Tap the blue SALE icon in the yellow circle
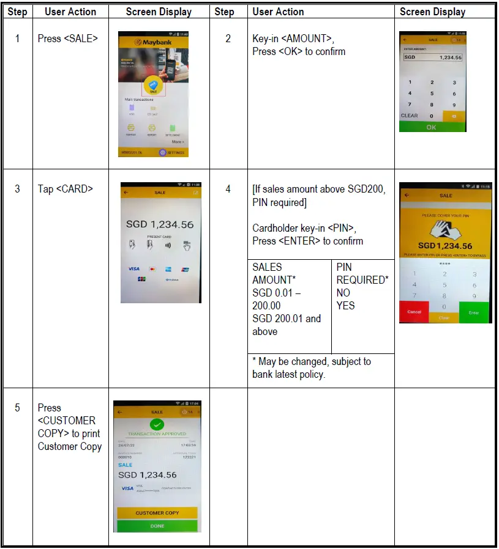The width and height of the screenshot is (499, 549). pyautogui.click(x=153, y=86)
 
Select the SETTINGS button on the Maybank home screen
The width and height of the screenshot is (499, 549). pyautogui.click(x=171, y=152)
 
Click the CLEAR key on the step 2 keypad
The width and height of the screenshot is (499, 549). pyautogui.click(x=409, y=116)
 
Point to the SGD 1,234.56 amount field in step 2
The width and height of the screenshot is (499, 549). pyautogui.click(x=432, y=57)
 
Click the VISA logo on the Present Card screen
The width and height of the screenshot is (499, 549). pyautogui.click(x=133, y=269)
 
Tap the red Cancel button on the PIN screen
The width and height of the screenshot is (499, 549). pyautogui.click(x=415, y=312)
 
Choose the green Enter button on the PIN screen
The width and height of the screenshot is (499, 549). pyautogui.click(x=474, y=312)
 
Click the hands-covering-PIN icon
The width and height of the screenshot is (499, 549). pyautogui.click(x=445, y=230)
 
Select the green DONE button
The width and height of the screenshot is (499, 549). pyautogui.click(x=157, y=526)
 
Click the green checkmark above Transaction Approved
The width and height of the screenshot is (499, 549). pyautogui.click(x=157, y=424)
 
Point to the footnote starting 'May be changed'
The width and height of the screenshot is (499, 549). pyautogui.click(x=311, y=367)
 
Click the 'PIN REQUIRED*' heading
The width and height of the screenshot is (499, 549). pyautogui.click(x=362, y=273)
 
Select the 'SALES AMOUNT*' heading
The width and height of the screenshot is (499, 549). pyautogui.click(x=274, y=273)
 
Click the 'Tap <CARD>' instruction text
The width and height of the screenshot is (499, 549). pyautogui.click(x=66, y=189)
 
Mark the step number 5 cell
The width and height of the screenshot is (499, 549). pyautogui.click(x=18, y=408)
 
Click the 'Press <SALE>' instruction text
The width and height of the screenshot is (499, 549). pyautogui.click(x=67, y=39)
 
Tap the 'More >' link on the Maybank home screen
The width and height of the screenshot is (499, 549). pyautogui.click(x=178, y=142)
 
